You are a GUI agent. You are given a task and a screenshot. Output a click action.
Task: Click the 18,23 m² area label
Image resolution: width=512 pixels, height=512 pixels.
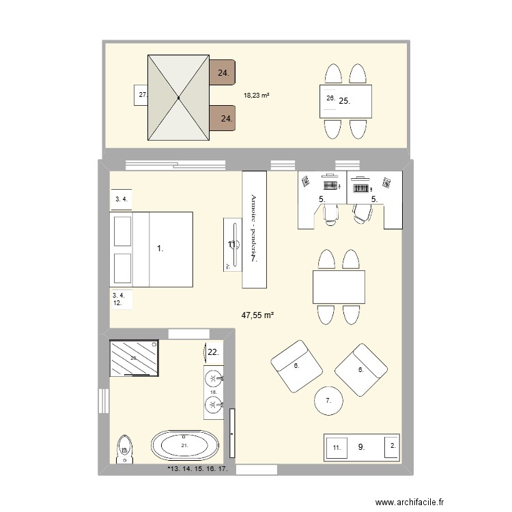point(256,96)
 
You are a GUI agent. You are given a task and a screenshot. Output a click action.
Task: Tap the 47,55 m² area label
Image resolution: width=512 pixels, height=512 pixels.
point(257,315)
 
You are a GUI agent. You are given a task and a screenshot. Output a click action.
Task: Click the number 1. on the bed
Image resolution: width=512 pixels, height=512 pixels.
point(160,250)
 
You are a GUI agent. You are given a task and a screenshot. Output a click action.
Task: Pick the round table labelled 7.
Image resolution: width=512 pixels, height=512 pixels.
point(328,401)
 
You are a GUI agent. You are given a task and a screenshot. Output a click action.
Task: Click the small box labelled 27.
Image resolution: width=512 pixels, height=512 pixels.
point(142,96)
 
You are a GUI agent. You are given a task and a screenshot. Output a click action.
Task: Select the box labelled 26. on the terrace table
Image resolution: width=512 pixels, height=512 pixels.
point(329,99)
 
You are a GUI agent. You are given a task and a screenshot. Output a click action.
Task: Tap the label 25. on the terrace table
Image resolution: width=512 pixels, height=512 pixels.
point(345,101)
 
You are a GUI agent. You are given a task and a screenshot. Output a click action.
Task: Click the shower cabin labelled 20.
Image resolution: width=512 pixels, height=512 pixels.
point(134,358)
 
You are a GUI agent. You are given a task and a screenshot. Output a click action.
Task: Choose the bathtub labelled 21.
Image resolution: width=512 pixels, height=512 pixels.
point(184,446)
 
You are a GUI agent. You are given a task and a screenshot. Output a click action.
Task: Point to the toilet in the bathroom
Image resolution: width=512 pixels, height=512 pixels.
point(124,449)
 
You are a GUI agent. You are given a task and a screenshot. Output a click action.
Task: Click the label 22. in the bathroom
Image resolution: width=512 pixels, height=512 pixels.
point(213,352)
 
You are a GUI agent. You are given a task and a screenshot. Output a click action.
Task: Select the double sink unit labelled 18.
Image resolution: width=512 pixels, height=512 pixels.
point(214,393)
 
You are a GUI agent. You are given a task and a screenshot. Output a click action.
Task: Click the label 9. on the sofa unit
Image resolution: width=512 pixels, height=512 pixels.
point(361,447)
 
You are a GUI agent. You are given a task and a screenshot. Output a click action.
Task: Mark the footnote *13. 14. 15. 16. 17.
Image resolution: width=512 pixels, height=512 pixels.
point(197,470)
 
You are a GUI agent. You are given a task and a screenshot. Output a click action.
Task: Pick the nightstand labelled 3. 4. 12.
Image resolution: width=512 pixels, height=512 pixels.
point(121,298)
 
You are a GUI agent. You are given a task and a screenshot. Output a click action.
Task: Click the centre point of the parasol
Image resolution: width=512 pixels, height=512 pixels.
point(178,98)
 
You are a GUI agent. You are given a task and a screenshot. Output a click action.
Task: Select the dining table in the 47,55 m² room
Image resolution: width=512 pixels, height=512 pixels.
point(339,287)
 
